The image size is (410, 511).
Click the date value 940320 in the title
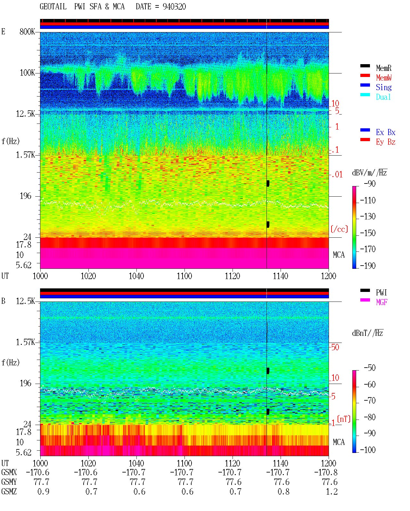pos(174,6)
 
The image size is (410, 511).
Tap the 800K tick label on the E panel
pos(27,31)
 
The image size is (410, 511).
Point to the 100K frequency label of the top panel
pos(27,73)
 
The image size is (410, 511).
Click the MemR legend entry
pos(384,68)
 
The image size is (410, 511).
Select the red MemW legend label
pos(384,78)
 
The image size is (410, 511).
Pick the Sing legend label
pos(384,87)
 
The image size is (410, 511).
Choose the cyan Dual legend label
pos(383,97)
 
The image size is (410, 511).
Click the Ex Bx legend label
pos(386,132)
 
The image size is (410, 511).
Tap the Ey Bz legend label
pos(386,142)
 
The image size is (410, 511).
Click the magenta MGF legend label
pos(382,302)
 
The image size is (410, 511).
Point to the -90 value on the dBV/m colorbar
pos(370,183)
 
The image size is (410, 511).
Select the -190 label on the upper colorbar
pos(368,266)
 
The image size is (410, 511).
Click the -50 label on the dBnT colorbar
pos(370,368)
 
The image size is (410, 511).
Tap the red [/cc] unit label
pos(339,229)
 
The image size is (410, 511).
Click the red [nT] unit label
pos(344,419)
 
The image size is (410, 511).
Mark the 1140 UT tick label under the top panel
pos(281,276)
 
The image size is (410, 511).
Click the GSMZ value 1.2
pos(332,491)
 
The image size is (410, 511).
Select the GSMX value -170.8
pos(326,472)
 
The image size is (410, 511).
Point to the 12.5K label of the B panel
pos(25,301)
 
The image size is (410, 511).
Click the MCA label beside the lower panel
pos(339,442)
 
